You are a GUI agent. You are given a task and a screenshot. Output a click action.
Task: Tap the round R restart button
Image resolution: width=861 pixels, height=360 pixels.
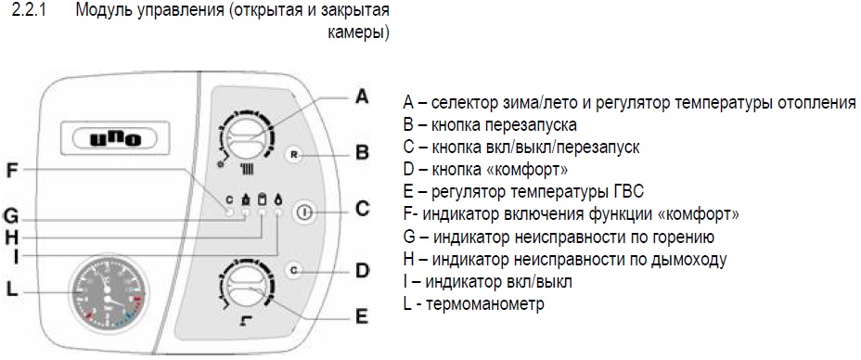coord(294,155)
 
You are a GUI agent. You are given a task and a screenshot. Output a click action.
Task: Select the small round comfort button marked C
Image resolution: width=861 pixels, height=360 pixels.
coord(294,270)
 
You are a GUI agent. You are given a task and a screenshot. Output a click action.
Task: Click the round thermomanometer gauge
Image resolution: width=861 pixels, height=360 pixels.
coord(109,296)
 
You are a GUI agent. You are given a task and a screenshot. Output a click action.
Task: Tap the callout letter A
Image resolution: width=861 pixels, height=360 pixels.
coord(361,97)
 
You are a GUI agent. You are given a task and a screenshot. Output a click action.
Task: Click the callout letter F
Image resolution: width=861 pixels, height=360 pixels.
coord(13,172)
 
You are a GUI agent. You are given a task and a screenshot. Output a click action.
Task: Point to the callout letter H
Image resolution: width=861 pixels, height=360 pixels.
coord(12,237)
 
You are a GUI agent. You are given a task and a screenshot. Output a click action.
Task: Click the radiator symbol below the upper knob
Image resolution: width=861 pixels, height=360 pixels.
coord(249,169)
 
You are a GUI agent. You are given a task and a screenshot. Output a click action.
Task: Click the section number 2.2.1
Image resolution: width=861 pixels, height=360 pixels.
coord(28,11)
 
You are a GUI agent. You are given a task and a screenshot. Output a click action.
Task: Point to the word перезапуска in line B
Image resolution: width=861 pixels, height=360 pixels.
coord(531,125)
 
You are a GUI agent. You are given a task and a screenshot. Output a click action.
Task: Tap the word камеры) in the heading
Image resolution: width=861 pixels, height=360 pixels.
coord(359,32)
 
